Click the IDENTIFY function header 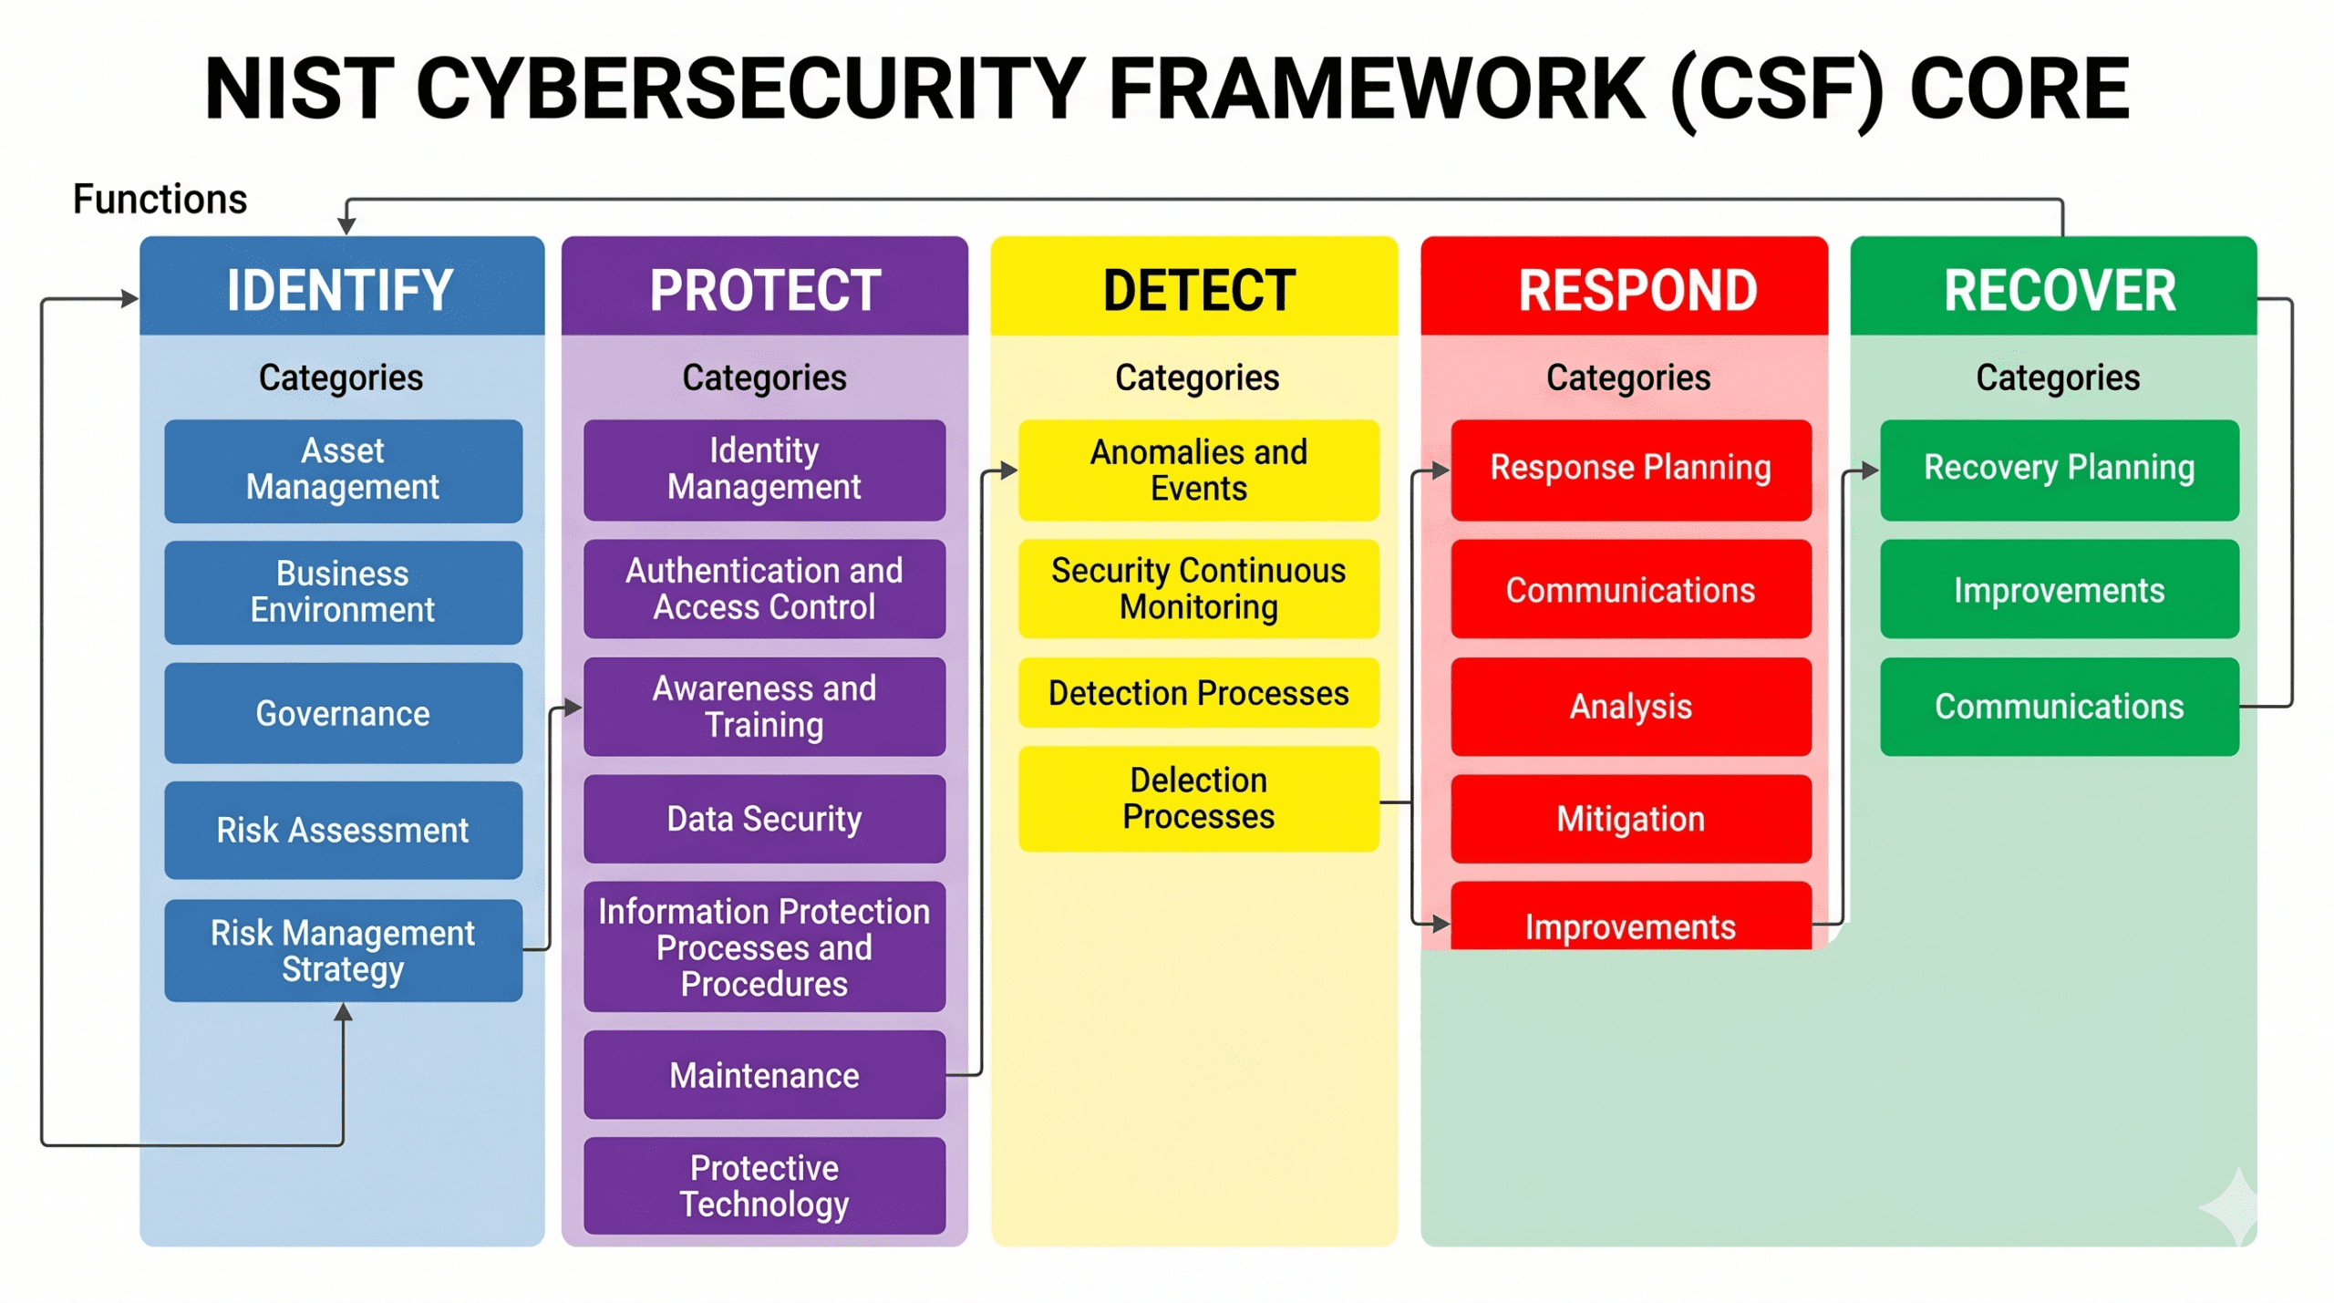(x=342, y=286)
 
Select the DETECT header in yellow (x=1194, y=286)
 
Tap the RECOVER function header (x=2054, y=286)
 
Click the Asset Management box (x=344, y=471)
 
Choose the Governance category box (x=344, y=713)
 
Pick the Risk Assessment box (x=344, y=830)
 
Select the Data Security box (x=764, y=819)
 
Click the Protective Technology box (x=764, y=1185)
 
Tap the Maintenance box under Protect (x=764, y=1075)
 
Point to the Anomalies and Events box (x=1199, y=471)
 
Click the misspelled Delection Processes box (x=1199, y=799)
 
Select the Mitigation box (x=1631, y=819)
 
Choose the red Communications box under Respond (x=1631, y=590)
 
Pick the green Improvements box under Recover (x=2060, y=590)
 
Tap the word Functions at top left (x=160, y=199)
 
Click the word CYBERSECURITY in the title (x=750, y=88)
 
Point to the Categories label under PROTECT (x=764, y=377)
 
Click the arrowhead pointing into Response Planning (x=1441, y=471)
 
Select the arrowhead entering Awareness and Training (x=573, y=707)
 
